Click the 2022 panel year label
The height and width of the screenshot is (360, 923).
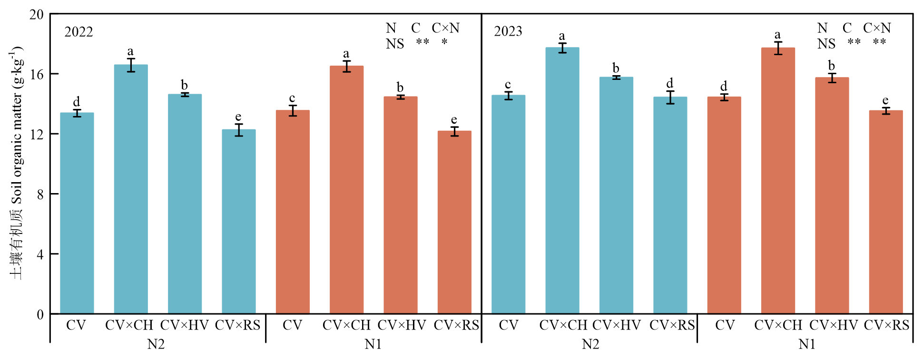click(x=79, y=32)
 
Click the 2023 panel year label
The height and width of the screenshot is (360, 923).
click(x=508, y=31)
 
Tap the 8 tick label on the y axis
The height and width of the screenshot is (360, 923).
click(x=40, y=194)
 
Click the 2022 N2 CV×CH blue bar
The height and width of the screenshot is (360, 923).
click(x=131, y=190)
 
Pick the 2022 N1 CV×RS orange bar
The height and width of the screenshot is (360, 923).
click(x=454, y=224)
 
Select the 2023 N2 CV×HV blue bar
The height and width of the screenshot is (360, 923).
click(x=616, y=195)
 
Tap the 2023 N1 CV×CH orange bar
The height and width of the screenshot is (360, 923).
click(x=778, y=181)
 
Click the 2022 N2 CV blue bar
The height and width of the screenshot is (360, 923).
click(x=77, y=214)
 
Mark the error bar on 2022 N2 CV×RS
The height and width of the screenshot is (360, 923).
click(x=239, y=130)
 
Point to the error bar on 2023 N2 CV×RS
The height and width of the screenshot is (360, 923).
click(x=670, y=97)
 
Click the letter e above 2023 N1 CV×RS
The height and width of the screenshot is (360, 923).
click(x=885, y=100)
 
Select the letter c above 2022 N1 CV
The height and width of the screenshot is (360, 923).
click(x=292, y=98)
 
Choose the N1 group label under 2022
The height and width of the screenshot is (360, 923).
click(x=373, y=344)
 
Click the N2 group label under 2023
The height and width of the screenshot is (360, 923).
click(x=590, y=344)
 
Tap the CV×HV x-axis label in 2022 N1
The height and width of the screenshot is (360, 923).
click(x=402, y=325)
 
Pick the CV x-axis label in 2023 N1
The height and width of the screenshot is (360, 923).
click(x=725, y=325)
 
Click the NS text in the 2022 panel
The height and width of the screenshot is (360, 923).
click(x=394, y=44)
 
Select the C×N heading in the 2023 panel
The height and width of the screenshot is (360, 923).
click(x=877, y=28)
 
